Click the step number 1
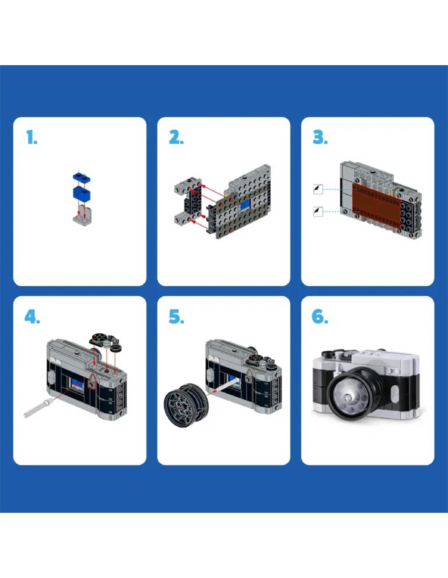click(x=32, y=137)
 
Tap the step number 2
click(x=176, y=137)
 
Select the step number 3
click(x=320, y=137)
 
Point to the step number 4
click(x=32, y=316)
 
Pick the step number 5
click(x=176, y=316)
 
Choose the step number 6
click(x=320, y=316)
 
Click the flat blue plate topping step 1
click(x=81, y=177)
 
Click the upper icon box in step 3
click(x=318, y=189)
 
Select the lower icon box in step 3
click(x=318, y=212)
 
